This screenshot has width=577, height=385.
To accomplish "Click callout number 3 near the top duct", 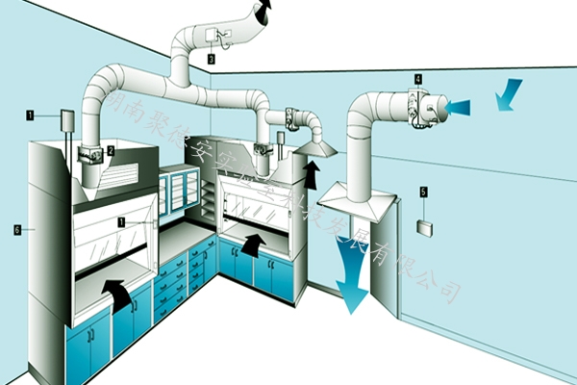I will [211, 58].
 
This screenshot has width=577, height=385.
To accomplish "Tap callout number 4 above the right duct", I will [418, 77].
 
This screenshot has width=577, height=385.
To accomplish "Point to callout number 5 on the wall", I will [422, 192].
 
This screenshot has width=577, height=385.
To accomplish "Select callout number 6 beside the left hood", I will [16, 229].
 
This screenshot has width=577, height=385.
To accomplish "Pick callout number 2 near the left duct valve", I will [111, 150].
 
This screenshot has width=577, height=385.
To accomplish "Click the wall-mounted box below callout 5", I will [423, 227].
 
